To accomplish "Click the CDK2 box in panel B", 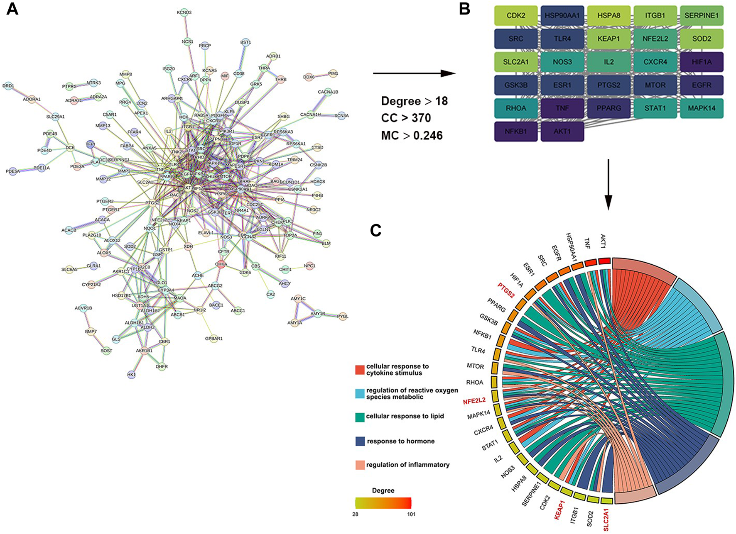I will coord(515,16).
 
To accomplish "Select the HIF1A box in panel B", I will coord(702,62).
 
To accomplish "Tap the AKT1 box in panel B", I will coord(562,132).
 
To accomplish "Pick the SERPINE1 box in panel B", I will coord(702,16).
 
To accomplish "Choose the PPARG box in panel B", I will coord(608,108).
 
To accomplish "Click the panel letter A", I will coord(12,9).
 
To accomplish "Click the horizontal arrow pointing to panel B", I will coord(414,73).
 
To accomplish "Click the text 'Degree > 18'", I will coord(414,101).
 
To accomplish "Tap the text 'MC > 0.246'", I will coord(412,136).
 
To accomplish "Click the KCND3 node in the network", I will coord(184,12).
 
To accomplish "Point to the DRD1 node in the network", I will coord(8,86).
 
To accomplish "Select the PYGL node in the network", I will coord(342,317).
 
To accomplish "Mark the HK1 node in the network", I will coord(131,374).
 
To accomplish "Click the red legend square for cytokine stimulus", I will coord(360,370).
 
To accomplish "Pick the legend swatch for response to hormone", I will coord(360,441).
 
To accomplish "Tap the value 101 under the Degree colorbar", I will coord(411,514).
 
